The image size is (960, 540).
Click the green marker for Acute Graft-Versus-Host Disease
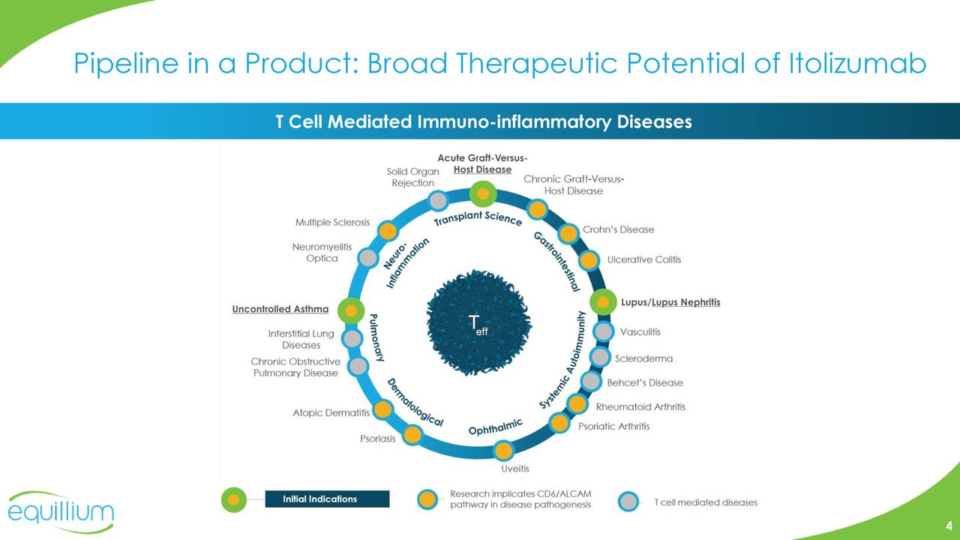tap(483, 193)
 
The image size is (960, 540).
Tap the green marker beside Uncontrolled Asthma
tap(351, 310)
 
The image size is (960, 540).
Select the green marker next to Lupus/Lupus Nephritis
tap(603, 301)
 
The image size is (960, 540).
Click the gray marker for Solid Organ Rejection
tap(438, 200)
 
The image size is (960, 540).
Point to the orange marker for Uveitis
tap(503, 451)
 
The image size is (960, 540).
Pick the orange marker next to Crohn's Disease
tap(568, 233)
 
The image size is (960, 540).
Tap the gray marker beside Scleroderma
tap(600, 357)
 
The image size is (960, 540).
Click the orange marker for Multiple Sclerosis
tap(388, 231)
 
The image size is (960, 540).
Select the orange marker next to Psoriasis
tap(412, 434)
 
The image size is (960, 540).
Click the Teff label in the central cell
tap(478, 325)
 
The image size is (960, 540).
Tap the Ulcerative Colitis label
tap(644, 259)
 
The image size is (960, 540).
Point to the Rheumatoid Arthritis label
tap(640, 406)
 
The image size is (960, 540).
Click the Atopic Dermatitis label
tap(331, 412)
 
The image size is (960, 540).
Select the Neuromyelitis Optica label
tap(322, 253)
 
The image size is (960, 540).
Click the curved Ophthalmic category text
tap(496, 427)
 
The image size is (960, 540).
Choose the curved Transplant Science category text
tap(478, 218)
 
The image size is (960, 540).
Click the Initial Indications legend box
tap(328, 499)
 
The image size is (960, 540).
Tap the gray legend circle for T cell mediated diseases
tap(628, 502)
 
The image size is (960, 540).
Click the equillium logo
tap(61, 511)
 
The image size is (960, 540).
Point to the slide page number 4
tap(949, 526)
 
